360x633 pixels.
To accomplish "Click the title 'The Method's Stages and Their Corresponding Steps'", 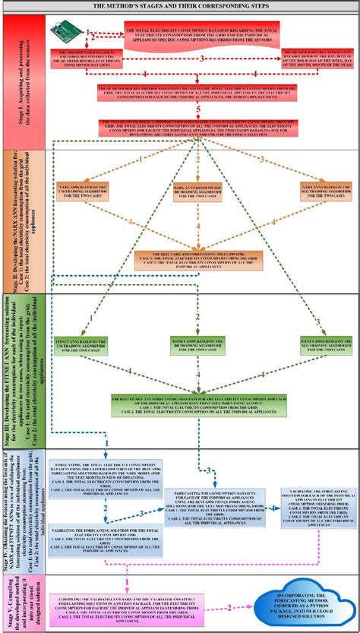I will (x=180, y=6).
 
